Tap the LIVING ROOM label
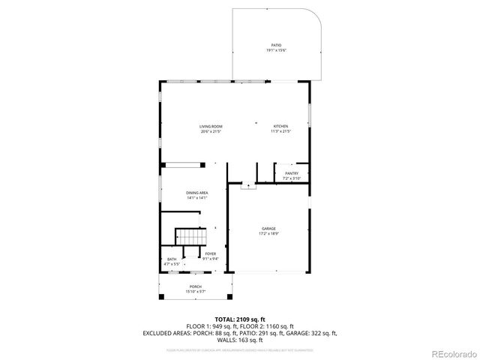tap(211, 126)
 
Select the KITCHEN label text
tap(280, 126)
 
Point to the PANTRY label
tap(291, 173)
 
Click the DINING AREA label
tap(197, 193)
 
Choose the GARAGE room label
tap(268, 228)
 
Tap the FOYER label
tap(210, 253)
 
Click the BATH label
tap(172, 259)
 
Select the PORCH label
tap(195, 286)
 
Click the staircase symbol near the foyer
tap(190, 238)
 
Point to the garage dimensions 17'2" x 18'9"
tap(268, 233)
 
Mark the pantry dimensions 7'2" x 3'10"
tap(291, 178)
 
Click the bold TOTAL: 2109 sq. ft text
tap(239, 319)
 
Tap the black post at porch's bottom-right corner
tap(229, 298)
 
